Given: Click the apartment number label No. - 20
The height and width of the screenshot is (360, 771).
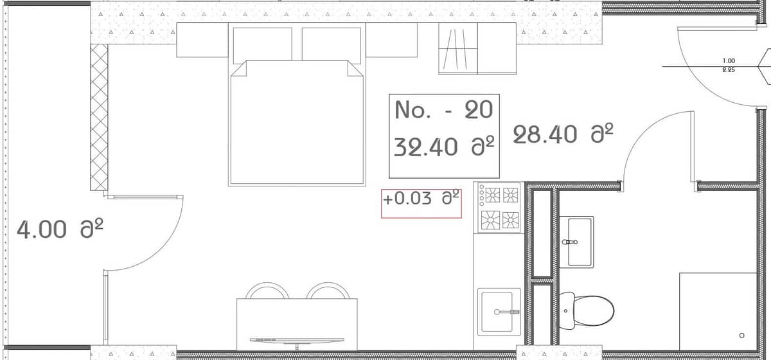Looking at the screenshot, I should coord(443,111).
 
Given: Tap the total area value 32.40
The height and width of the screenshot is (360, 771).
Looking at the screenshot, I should coord(425,147).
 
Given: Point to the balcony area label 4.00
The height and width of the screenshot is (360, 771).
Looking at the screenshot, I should coord(42,230).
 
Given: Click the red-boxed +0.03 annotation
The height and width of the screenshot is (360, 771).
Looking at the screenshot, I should coord(421,199).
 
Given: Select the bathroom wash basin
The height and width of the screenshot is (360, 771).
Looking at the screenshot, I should coord(576,241).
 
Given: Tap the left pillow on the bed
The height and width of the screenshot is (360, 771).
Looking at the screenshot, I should coord(261,44).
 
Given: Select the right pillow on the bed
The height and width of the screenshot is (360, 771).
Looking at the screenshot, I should coord(331,44).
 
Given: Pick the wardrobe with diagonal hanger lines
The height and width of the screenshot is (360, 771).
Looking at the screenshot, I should coord(457,49).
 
